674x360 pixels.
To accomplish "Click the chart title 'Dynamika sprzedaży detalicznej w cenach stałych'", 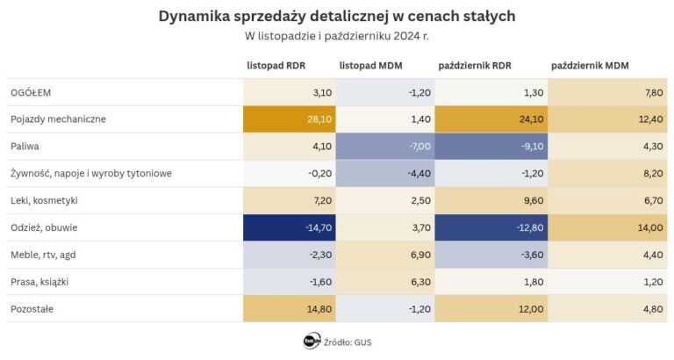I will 337,16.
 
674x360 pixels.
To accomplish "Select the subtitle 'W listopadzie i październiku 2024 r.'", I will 337,36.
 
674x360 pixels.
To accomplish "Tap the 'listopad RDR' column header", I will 276,66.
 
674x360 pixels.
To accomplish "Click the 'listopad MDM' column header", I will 369,66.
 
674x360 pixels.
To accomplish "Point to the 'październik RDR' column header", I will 475,66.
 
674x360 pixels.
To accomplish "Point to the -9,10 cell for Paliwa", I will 491,146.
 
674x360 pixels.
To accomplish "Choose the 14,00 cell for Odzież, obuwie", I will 609,227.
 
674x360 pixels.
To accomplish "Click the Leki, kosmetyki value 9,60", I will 491,200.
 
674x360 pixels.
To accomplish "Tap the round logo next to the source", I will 311,341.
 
